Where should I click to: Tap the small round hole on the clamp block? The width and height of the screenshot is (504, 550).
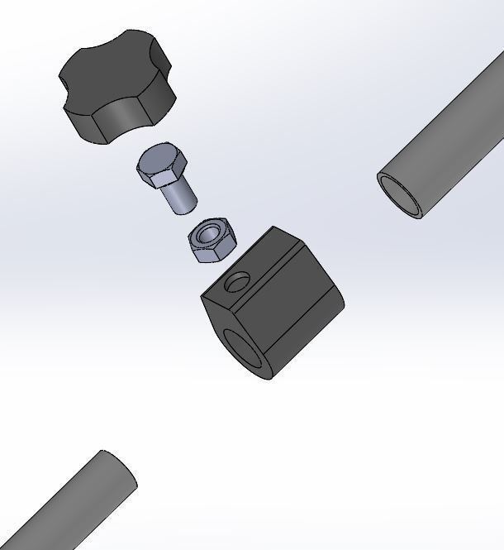pyautogui.click(x=236, y=284)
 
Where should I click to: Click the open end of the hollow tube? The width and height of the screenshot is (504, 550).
pyautogui.click(x=400, y=195)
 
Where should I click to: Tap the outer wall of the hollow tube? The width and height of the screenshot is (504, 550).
pyautogui.click(x=454, y=132)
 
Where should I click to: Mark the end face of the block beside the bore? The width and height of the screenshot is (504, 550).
pyautogui.click(x=216, y=314)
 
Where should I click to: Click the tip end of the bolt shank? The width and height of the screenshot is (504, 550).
pyautogui.click(x=187, y=207)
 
